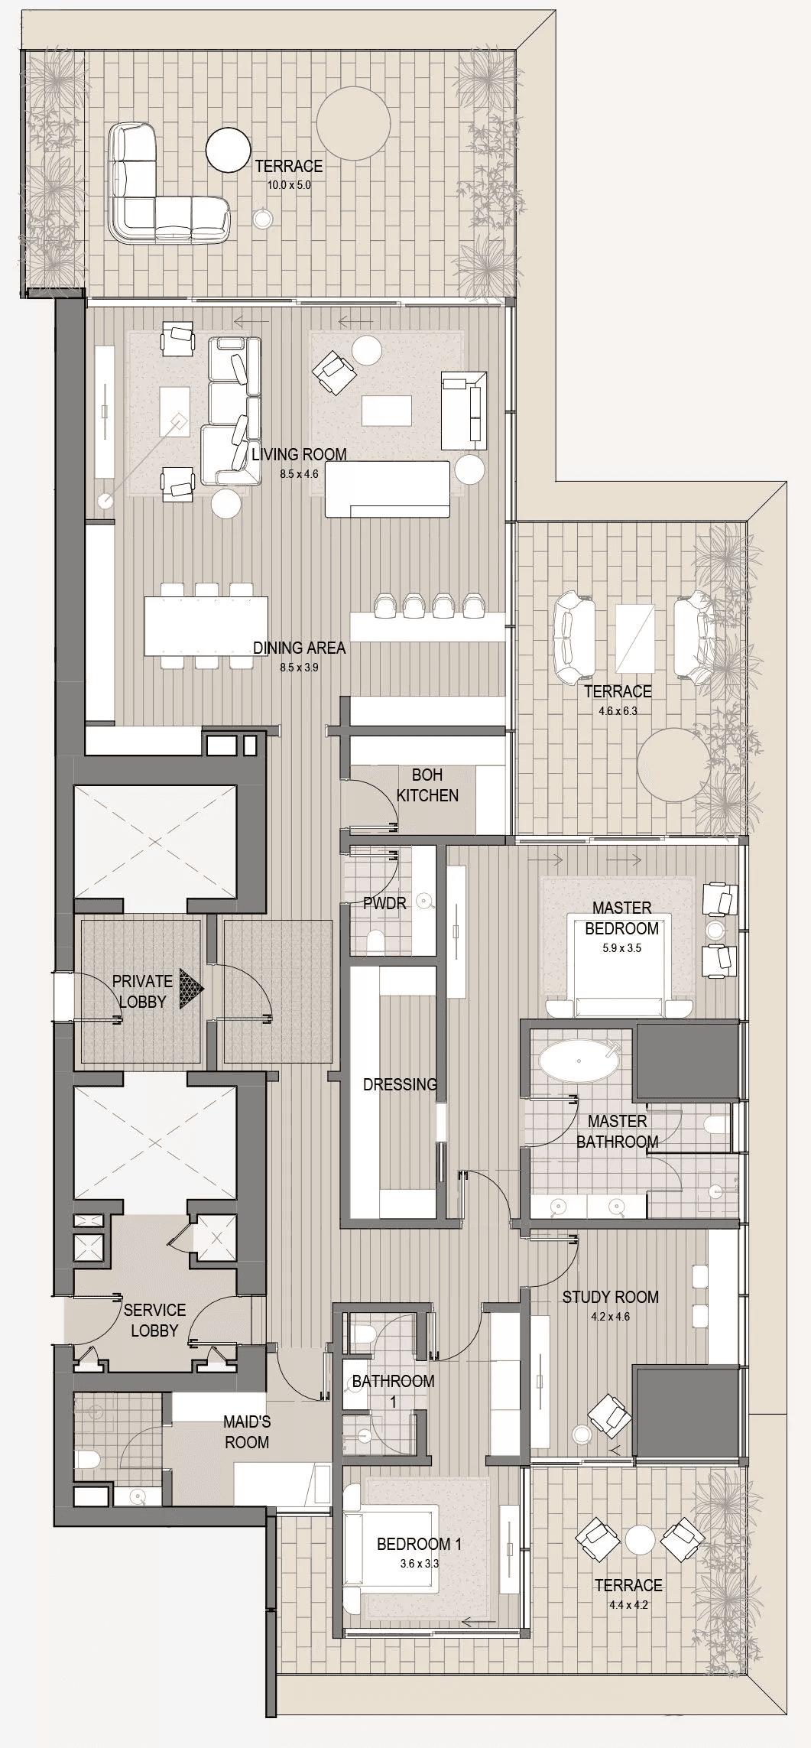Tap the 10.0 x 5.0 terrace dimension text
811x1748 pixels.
coord(288,185)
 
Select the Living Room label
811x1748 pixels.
coord(299,454)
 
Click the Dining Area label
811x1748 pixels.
coord(299,648)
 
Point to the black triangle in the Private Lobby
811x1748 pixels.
coord(191,989)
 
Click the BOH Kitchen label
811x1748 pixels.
coord(427,785)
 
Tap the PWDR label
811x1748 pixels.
coord(384,903)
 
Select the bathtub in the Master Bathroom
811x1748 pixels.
coord(578,1061)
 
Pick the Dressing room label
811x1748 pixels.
coord(400,1084)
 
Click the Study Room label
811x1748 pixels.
coord(610,1297)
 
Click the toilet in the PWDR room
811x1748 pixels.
coord(375,941)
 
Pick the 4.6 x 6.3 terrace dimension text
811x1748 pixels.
coord(618,710)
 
